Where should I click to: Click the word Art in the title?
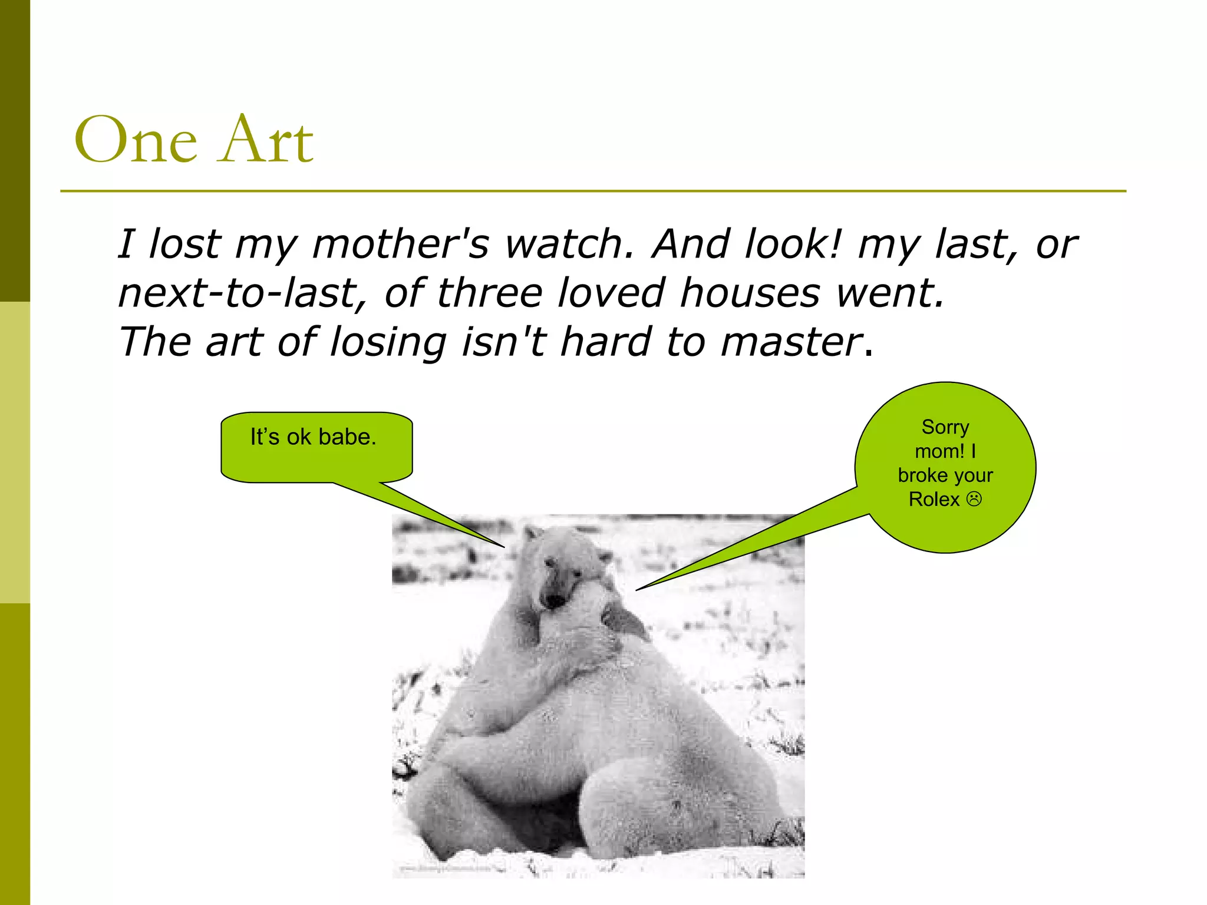tap(266, 140)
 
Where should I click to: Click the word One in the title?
tap(136, 140)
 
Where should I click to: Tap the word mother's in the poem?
tap(400, 244)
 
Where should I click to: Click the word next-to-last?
tap(241, 293)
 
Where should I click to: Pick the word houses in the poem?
tap(750, 293)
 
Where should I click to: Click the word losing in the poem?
tap(388, 343)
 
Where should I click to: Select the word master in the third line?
tap(791, 343)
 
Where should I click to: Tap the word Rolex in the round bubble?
tap(934, 500)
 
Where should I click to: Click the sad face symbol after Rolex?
tap(974, 500)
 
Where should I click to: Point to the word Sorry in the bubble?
tap(945, 427)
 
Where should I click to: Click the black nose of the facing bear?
tap(555, 601)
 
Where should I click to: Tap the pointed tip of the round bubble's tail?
tap(637, 590)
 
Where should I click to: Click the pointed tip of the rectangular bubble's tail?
tap(504, 547)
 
